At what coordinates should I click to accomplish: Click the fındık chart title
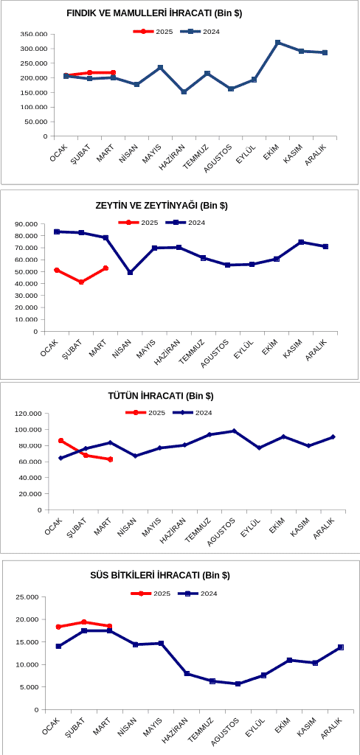154,14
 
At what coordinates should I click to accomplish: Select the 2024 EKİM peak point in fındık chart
277,43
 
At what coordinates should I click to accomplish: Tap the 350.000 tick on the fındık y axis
34,34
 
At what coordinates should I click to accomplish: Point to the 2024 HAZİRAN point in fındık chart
184,91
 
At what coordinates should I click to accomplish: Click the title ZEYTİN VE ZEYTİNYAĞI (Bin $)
162,206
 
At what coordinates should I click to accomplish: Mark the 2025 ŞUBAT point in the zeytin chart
81,282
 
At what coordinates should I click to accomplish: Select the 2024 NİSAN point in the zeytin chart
130,273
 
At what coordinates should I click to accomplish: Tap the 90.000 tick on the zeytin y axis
26,224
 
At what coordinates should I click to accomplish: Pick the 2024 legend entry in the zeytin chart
186,223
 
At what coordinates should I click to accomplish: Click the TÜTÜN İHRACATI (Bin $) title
161,396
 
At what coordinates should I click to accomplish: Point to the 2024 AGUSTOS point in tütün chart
234,431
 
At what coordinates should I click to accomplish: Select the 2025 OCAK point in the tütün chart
60,441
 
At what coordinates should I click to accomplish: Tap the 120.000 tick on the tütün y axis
29,413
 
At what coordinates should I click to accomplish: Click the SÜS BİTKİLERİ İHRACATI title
159,575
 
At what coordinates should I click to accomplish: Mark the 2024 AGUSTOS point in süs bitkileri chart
238,683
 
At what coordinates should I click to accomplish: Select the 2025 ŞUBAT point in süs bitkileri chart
84,622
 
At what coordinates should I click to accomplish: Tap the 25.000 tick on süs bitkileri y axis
29,597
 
